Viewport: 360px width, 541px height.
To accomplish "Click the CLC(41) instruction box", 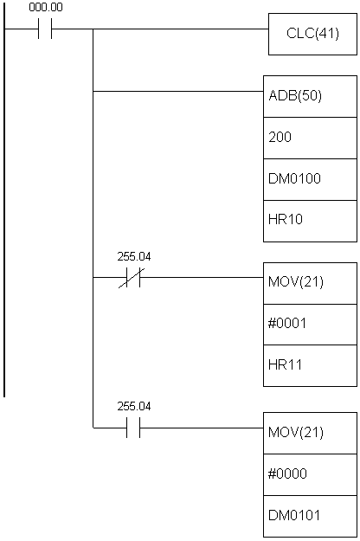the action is click(312, 34).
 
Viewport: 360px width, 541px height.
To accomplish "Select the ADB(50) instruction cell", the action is click(310, 96).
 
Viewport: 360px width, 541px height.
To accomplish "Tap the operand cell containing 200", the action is click(310, 138).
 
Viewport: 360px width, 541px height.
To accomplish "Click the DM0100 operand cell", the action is click(310, 179).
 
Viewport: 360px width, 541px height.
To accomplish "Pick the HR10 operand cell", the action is click(310, 221).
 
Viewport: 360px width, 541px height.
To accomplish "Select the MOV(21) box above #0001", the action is click(310, 283).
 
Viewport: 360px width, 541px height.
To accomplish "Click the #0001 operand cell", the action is click(310, 325).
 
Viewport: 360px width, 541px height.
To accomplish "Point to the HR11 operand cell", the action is click(310, 365).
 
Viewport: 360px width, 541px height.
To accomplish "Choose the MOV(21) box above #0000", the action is click(310, 433).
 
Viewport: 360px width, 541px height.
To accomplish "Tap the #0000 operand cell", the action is click(310, 474).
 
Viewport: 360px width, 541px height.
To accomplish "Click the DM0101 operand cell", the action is click(310, 516).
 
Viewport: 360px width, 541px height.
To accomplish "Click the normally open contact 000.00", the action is click(45, 29).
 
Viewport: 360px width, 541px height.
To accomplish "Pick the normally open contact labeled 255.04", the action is click(133, 428).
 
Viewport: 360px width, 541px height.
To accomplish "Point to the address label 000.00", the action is click(46, 7).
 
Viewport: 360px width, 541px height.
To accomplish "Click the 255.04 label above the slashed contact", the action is click(134, 257).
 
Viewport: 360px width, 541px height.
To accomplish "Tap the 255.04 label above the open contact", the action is click(134, 407).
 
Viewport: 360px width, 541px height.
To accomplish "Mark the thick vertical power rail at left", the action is click(4, 198).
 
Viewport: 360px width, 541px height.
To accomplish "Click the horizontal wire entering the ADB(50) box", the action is click(178, 92).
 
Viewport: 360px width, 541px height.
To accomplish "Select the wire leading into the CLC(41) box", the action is click(160, 29).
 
